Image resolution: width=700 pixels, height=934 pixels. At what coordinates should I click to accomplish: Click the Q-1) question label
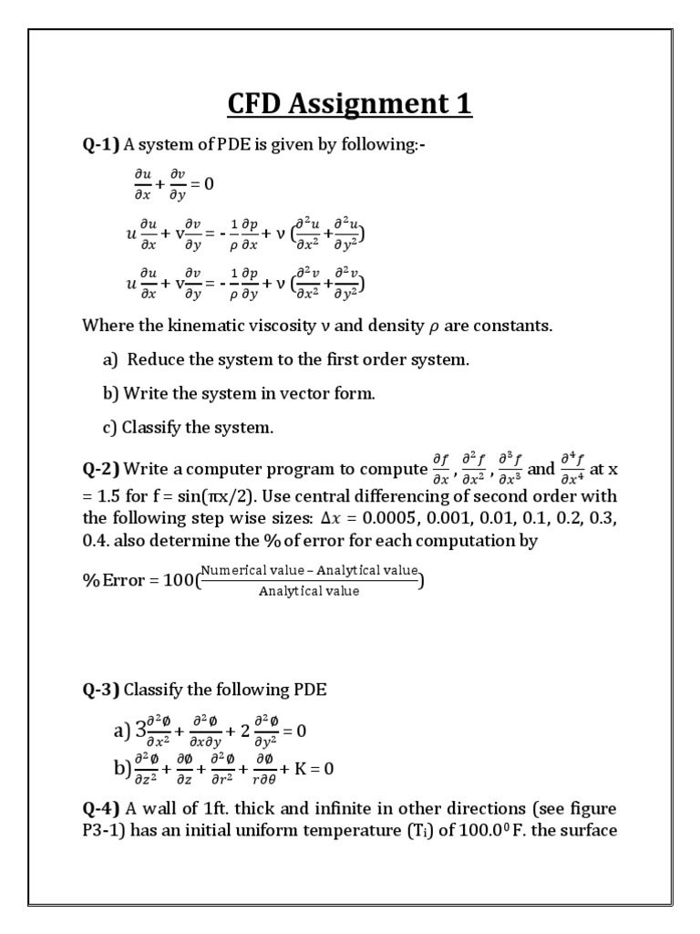click(x=101, y=144)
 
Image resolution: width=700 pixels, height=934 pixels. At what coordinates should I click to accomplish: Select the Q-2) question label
click(x=101, y=470)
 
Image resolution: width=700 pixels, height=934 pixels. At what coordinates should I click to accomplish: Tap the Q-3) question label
click(x=101, y=690)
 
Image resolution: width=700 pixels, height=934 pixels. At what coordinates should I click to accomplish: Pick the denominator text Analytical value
click(x=309, y=591)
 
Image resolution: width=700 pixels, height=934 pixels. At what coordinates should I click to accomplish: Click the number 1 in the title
click(x=463, y=103)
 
